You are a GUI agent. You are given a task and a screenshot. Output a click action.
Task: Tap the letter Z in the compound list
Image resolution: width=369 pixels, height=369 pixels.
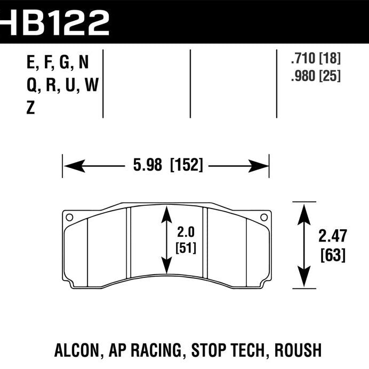click(30, 109)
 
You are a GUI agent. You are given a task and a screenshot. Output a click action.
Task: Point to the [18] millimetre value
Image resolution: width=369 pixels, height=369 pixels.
click(329, 59)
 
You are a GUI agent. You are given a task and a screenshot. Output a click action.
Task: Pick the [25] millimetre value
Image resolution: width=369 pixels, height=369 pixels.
click(329, 76)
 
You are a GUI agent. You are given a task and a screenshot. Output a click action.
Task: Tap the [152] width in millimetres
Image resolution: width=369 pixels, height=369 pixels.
click(186, 166)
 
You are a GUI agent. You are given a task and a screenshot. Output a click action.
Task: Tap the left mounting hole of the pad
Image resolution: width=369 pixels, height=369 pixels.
click(68, 216)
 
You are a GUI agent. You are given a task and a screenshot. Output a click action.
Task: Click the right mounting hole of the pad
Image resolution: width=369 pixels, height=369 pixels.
click(263, 216)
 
